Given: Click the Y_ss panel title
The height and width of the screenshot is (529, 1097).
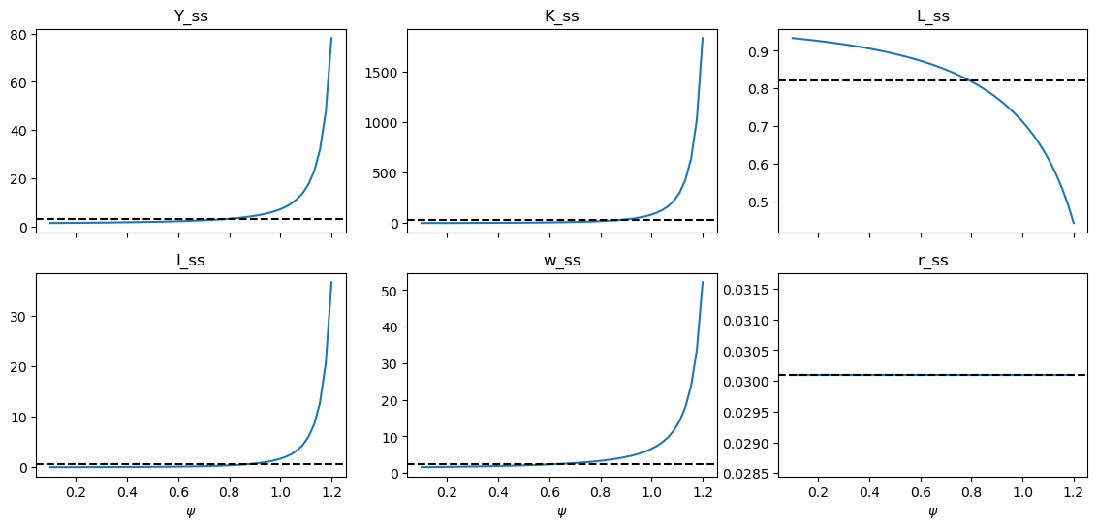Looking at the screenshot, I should [191, 16].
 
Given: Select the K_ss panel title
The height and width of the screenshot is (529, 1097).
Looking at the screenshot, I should [562, 16].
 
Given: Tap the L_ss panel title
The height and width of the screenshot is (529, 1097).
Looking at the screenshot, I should [932, 16].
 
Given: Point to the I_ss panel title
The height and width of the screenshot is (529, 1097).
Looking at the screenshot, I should [191, 261].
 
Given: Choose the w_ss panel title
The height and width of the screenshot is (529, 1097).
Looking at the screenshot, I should [562, 261].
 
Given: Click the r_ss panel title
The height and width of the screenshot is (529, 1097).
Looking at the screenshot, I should [932, 261].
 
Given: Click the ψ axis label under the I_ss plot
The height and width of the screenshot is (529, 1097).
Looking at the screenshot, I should [191, 512].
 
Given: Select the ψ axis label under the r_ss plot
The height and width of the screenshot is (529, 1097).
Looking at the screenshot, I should [932, 512].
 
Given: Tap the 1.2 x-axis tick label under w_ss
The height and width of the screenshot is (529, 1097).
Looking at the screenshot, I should [703, 492].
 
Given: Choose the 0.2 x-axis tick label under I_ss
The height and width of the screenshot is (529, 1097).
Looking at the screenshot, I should [76, 492].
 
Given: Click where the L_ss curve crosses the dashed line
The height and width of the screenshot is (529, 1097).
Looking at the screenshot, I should [968, 80].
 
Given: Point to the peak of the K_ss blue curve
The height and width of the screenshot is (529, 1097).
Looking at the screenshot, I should [703, 38].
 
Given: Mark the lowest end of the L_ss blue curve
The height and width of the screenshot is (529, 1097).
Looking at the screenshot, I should [1074, 223].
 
